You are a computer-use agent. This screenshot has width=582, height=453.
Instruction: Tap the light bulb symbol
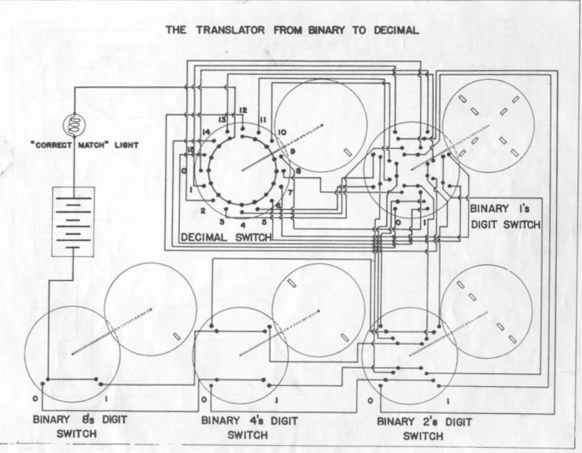tap(74, 124)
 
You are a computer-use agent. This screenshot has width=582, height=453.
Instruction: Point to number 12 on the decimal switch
tap(243, 110)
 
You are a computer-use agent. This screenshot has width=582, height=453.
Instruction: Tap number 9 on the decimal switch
tap(292, 152)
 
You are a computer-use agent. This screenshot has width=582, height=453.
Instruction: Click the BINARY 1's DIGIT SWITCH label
tap(504, 216)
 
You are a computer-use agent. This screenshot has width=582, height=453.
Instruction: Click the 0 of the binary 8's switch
tap(34, 398)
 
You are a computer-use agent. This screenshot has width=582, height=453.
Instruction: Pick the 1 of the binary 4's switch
tap(276, 398)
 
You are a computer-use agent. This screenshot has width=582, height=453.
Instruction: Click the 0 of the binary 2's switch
tap(370, 398)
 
